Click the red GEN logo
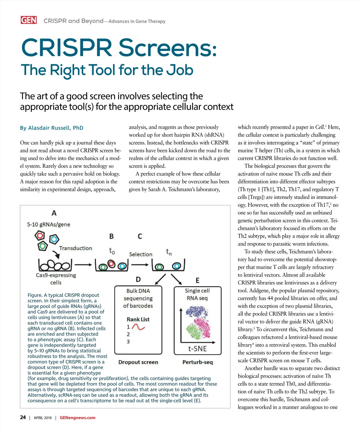(x=28, y=20)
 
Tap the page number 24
(x=23, y=417)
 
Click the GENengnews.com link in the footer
(x=77, y=418)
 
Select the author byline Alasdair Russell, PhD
(x=52, y=128)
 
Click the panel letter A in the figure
(x=54, y=213)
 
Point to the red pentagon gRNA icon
(x=40, y=235)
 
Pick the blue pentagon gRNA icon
(x=54, y=239)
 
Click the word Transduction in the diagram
(x=76, y=248)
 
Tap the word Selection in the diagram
(x=141, y=254)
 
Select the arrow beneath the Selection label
(x=140, y=265)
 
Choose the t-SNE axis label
(x=197, y=349)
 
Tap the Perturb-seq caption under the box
(x=197, y=362)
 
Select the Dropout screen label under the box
(x=138, y=362)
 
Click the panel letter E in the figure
(x=197, y=280)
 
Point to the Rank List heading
(x=138, y=319)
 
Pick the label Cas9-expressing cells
(x=56, y=279)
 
